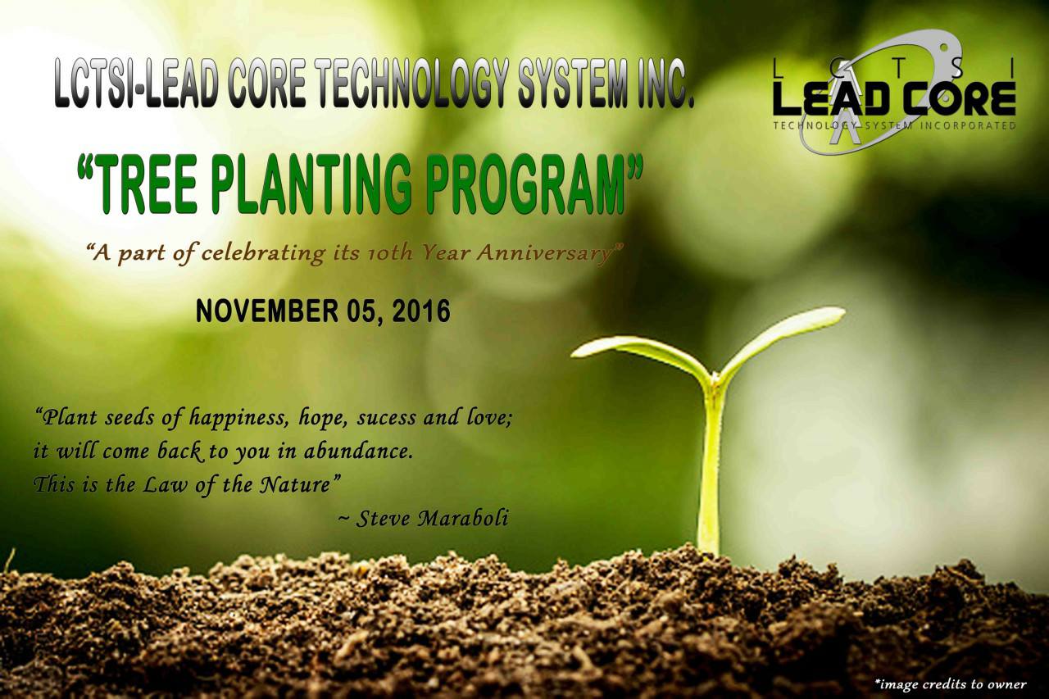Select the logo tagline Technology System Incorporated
(x=894, y=126)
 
